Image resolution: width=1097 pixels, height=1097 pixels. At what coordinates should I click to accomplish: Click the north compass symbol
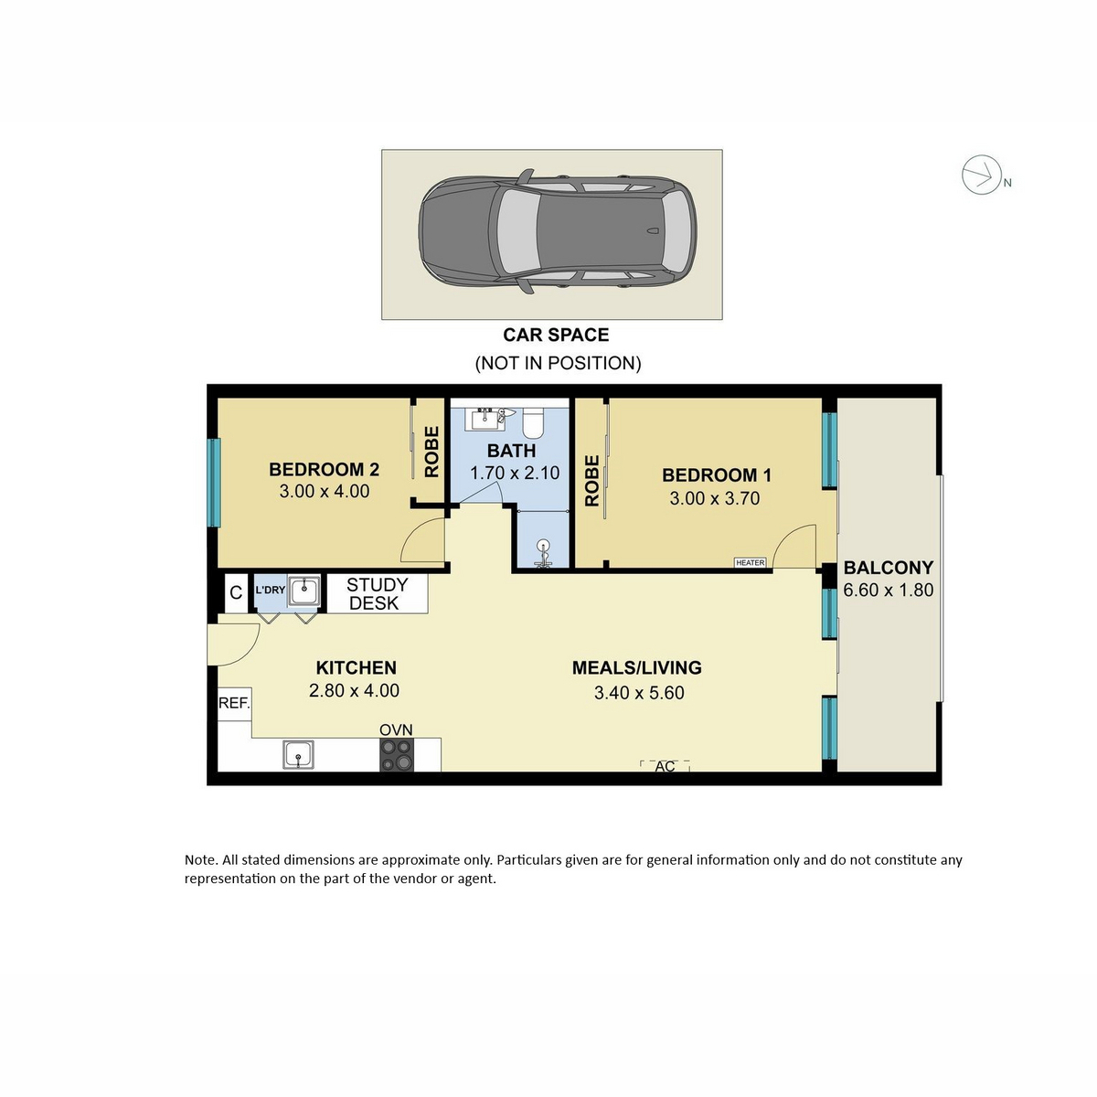click(x=981, y=174)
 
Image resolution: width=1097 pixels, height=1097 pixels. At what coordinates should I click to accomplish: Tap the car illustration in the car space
click(x=558, y=231)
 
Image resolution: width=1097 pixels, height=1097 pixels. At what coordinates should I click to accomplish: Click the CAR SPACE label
click(x=556, y=335)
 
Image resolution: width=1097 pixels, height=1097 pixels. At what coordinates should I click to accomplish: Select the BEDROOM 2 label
click(x=324, y=470)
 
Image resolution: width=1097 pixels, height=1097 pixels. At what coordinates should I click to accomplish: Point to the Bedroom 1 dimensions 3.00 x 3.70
click(x=715, y=499)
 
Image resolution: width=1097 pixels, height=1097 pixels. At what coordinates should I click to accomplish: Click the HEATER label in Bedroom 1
click(x=750, y=562)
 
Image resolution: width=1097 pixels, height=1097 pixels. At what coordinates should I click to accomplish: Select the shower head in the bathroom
click(x=544, y=552)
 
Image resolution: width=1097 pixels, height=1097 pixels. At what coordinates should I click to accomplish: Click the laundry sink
click(x=304, y=591)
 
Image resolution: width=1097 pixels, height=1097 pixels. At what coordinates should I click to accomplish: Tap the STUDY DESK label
click(x=377, y=594)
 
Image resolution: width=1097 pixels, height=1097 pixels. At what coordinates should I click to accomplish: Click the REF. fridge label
click(x=234, y=703)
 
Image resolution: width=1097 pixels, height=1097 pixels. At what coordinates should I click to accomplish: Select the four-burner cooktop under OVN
click(x=396, y=755)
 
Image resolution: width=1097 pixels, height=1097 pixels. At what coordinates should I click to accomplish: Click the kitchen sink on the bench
click(x=299, y=755)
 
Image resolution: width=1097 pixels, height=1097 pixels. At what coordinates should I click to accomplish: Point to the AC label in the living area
click(x=665, y=766)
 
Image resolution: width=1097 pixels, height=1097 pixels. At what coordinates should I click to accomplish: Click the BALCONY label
click(x=888, y=568)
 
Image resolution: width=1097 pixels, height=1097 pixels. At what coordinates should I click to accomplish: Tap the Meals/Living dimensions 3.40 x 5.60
click(x=639, y=693)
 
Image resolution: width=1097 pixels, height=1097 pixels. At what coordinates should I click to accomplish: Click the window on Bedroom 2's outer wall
click(x=213, y=482)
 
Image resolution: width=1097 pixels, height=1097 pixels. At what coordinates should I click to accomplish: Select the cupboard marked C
click(x=236, y=592)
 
